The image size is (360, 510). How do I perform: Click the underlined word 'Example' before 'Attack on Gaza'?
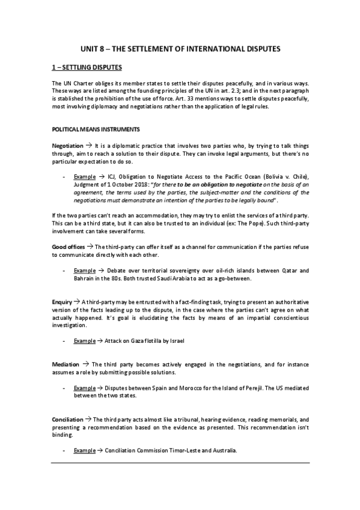(x=84, y=340)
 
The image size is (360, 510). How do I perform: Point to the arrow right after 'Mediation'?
(x=87, y=364)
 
